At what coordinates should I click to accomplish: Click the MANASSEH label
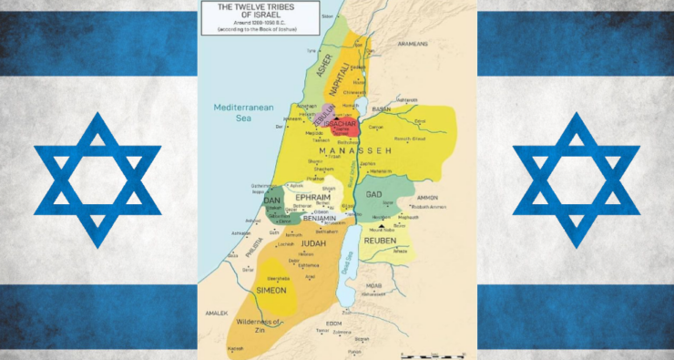381,150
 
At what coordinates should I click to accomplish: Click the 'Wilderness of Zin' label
255,323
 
